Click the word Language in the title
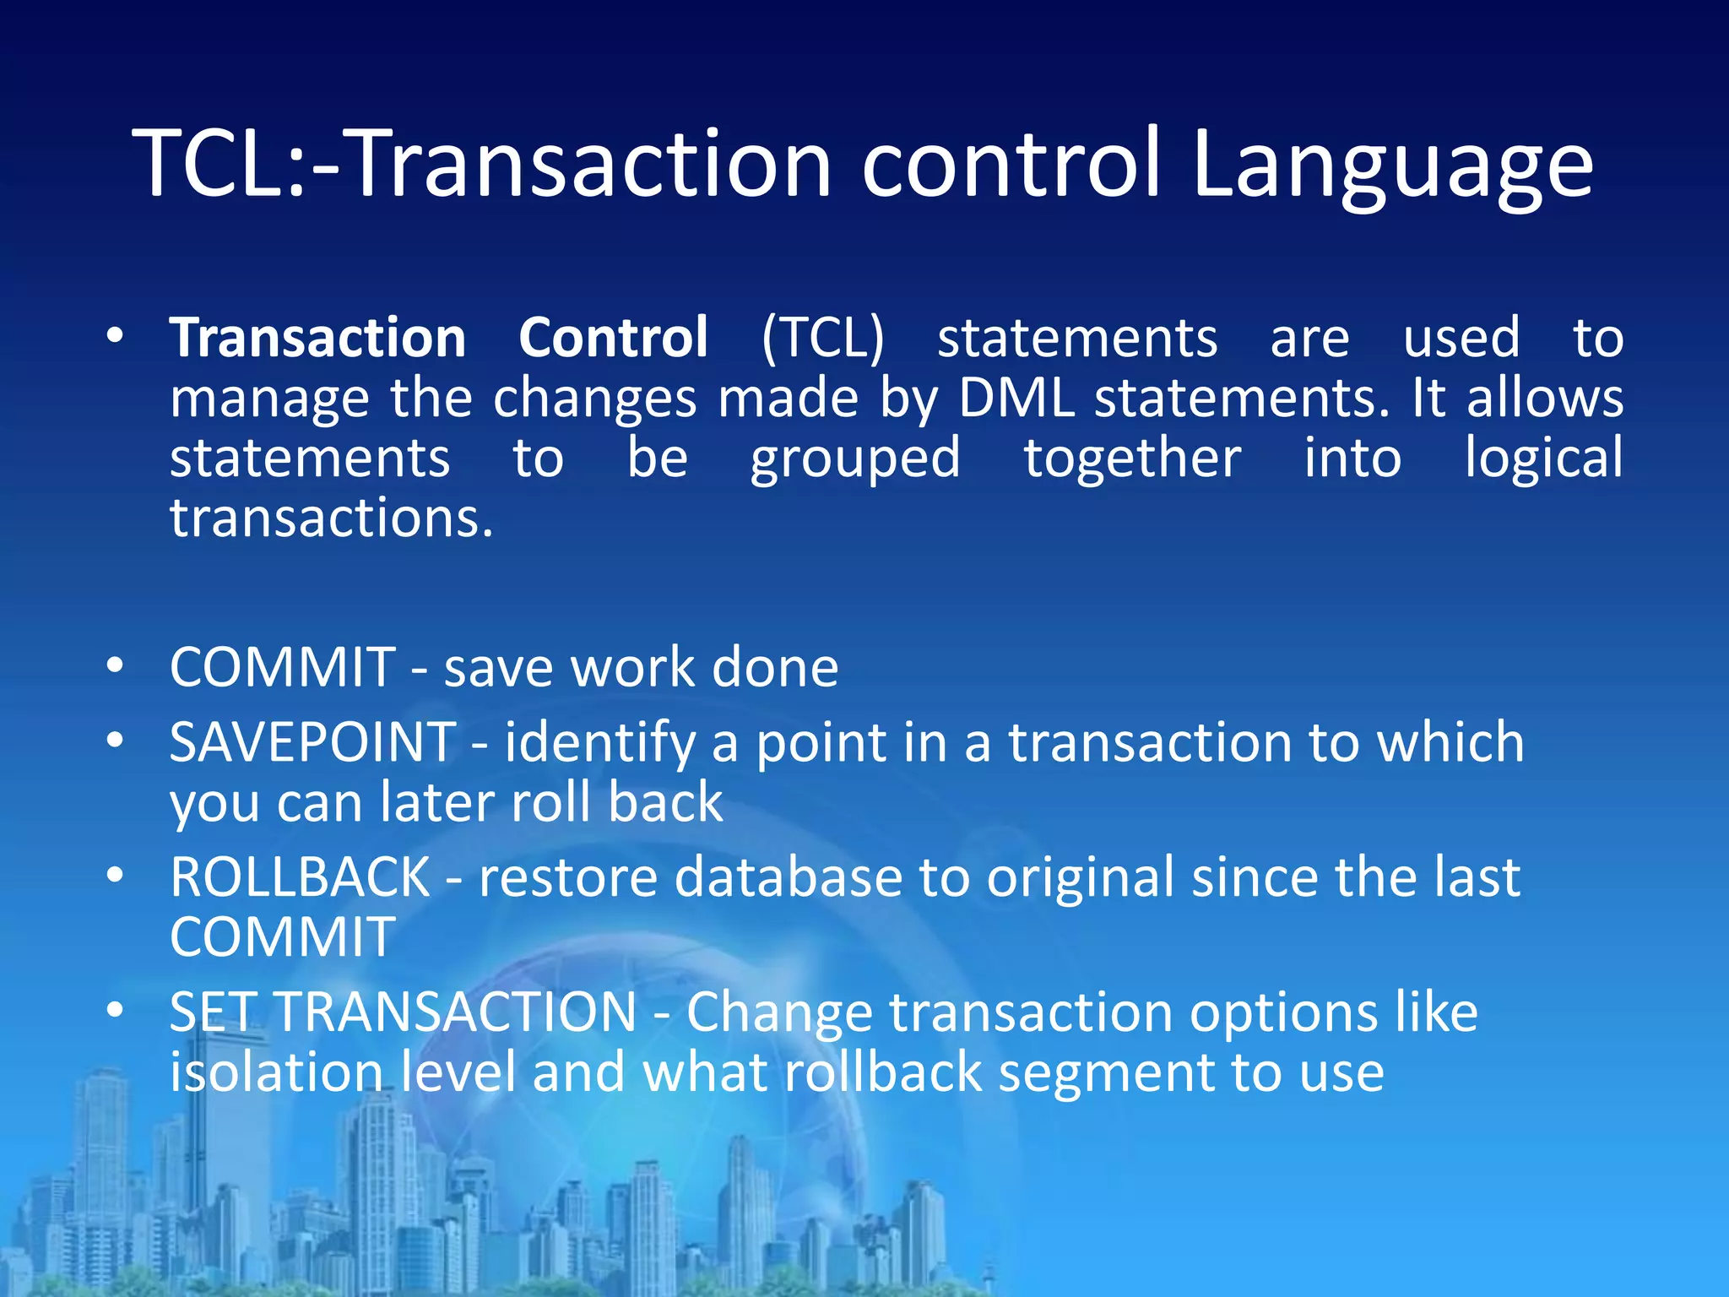tap(1393, 165)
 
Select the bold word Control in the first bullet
tap(613, 338)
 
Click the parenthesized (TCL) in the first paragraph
tap(823, 339)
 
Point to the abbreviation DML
tap(1017, 398)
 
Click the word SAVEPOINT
tap(313, 742)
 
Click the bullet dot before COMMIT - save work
tap(116, 665)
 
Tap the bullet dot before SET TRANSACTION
tap(116, 1009)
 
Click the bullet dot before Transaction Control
tap(116, 336)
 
